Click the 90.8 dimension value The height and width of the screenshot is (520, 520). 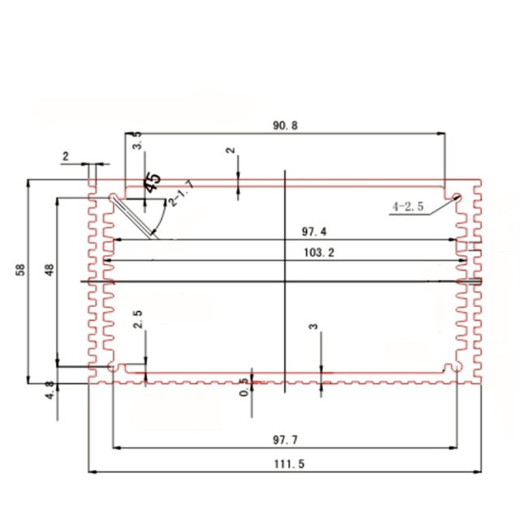[x=286, y=126]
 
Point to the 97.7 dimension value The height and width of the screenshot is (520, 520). [x=285, y=440]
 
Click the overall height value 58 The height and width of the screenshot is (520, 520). [x=20, y=270]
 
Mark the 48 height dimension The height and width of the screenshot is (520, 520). [x=49, y=270]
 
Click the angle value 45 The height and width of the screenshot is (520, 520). [x=152, y=182]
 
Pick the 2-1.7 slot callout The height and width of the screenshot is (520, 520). [x=180, y=195]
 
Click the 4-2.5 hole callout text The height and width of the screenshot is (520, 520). [x=408, y=207]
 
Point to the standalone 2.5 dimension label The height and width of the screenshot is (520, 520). [x=138, y=318]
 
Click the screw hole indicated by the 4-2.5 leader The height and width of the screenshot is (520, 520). [x=457, y=197]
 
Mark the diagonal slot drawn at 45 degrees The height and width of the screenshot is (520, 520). [x=134, y=217]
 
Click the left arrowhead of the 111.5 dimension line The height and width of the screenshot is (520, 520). [x=90, y=471]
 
